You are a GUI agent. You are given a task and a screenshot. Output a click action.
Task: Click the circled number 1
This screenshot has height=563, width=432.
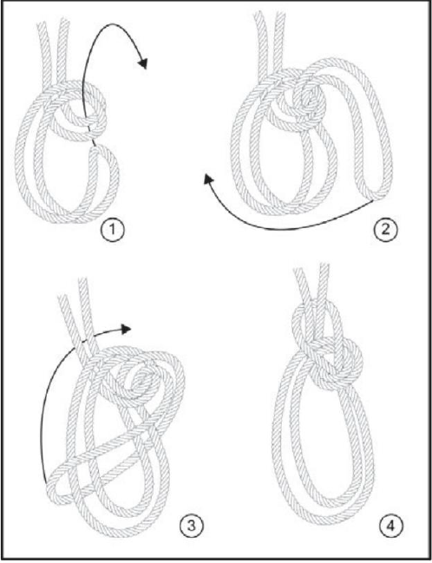point(112,231)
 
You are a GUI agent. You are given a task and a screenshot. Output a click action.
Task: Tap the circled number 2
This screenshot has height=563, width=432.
point(385,230)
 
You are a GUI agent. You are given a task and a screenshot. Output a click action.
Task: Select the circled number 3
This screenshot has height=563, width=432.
point(192,526)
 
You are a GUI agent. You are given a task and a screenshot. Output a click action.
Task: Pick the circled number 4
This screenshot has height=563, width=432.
point(391,527)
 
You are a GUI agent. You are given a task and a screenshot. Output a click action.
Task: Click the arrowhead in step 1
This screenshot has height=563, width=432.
point(143,63)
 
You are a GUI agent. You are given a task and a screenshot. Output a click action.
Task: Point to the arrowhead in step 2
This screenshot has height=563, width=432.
point(208,179)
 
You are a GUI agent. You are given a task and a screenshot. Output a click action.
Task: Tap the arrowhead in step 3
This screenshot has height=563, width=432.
point(125,329)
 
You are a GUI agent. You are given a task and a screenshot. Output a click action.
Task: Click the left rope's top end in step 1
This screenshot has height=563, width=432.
point(42,24)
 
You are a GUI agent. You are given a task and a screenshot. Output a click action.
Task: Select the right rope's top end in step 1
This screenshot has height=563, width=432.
point(63,21)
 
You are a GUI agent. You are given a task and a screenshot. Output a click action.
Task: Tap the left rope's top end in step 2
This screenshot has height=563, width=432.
point(259,14)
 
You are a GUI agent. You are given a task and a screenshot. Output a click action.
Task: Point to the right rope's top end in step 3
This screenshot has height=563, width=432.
point(83,281)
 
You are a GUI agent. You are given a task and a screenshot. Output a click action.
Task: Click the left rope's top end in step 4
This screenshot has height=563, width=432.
point(299,271)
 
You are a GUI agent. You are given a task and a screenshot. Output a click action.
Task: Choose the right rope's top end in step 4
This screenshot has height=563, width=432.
point(324,266)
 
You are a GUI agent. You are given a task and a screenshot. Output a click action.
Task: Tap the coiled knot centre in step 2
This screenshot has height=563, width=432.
point(309,98)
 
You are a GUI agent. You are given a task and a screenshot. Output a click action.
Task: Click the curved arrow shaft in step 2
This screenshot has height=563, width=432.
point(284,228)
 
